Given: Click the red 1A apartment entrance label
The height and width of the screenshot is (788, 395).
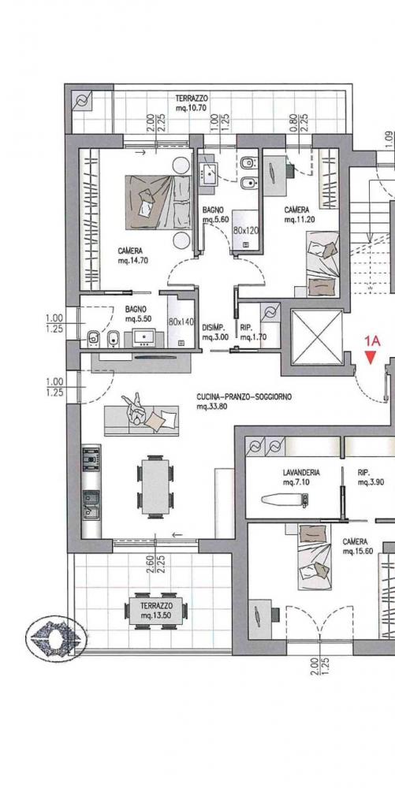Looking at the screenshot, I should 372,341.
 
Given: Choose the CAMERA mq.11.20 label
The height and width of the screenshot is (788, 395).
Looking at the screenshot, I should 296,214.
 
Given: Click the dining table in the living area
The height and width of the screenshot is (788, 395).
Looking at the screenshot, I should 154,485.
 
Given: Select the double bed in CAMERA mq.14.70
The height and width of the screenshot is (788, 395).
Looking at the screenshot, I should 157,202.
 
